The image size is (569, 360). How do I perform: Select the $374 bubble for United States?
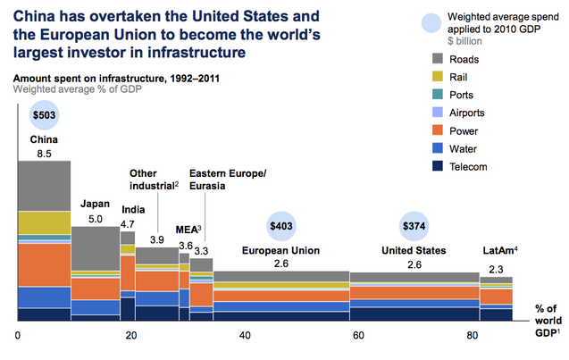pyautogui.click(x=414, y=226)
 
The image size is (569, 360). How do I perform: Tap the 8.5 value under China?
pyautogui.click(x=44, y=154)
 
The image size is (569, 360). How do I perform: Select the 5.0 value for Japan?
pyautogui.click(x=95, y=216)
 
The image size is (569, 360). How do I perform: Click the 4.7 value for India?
pyautogui.click(x=127, y=223)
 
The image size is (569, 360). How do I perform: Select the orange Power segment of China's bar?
pyautogui.click(x=44, y=264)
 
